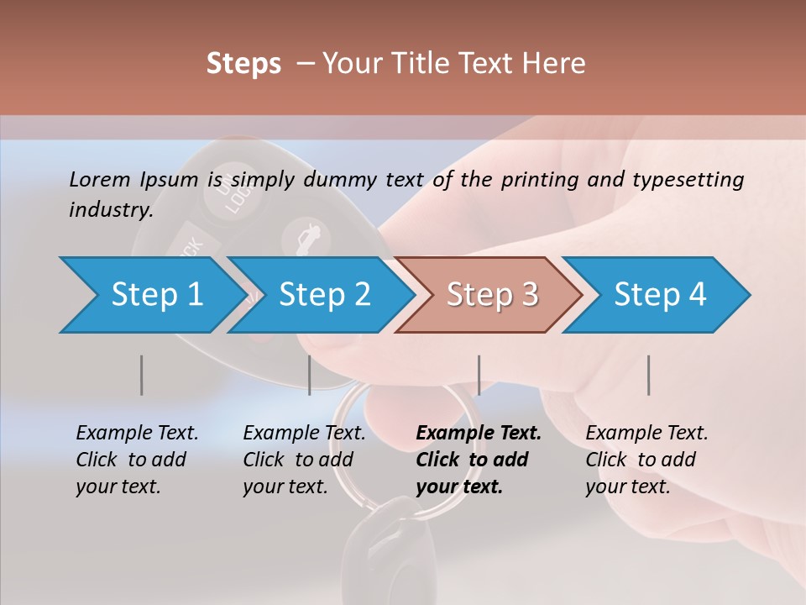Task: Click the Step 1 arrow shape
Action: point(151,295)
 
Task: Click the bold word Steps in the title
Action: point(243,64)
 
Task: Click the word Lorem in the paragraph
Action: point(99,179)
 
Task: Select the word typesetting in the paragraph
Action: point(688,180)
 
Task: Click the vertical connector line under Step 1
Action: point(141,375)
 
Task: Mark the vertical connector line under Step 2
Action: point(309,375)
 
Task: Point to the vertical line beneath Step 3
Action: point(479,375)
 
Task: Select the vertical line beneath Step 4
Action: point(648,375)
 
